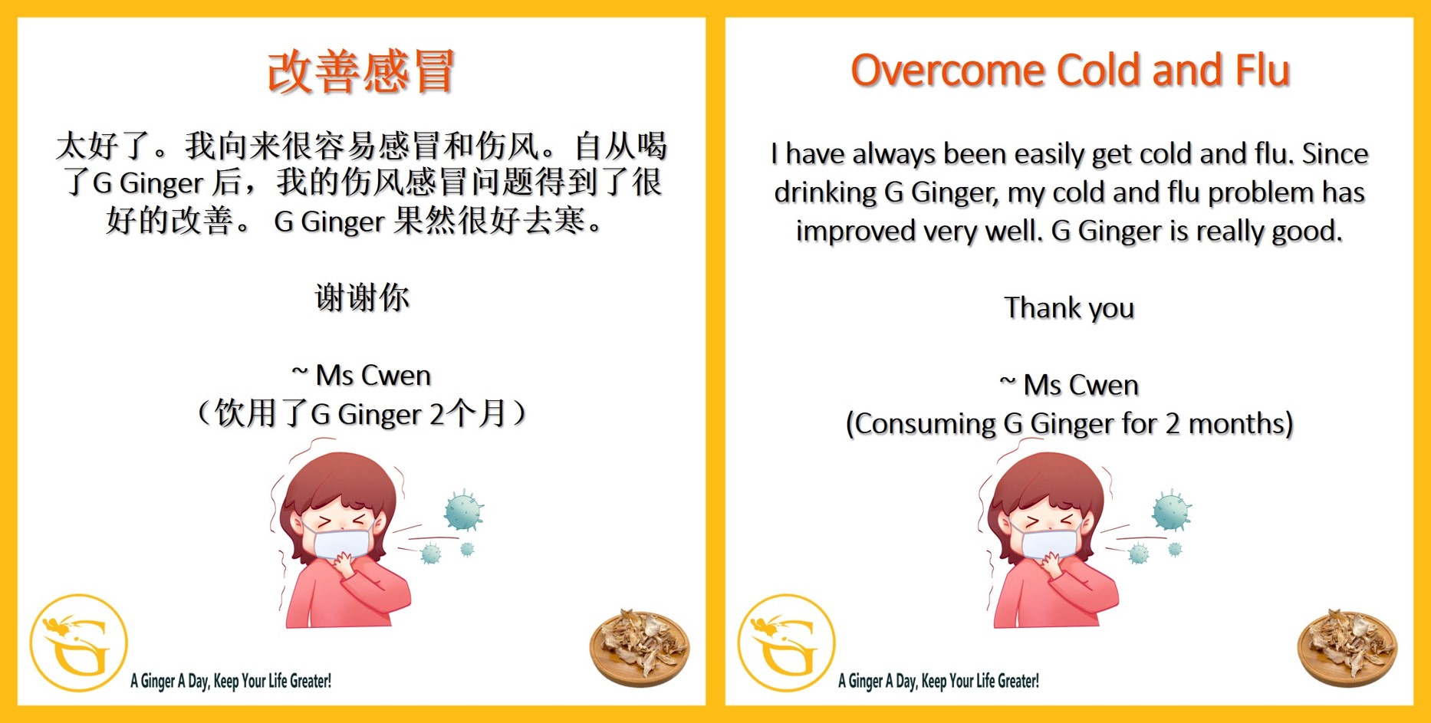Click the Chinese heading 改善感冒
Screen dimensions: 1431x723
(361, 71)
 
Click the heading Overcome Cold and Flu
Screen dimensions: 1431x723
(1070, 71)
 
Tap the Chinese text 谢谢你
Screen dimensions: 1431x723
(362, 297)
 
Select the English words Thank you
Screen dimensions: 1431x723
(1069, 308)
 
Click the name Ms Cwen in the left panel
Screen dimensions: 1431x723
(373, 376)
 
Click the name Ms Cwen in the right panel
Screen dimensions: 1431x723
(1081, 385)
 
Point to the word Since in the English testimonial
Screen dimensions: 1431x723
(1335, 154)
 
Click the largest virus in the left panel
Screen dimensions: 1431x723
(463, 511)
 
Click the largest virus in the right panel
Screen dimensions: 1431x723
(1171, 511)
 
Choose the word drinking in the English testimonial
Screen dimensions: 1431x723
(824, 193)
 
